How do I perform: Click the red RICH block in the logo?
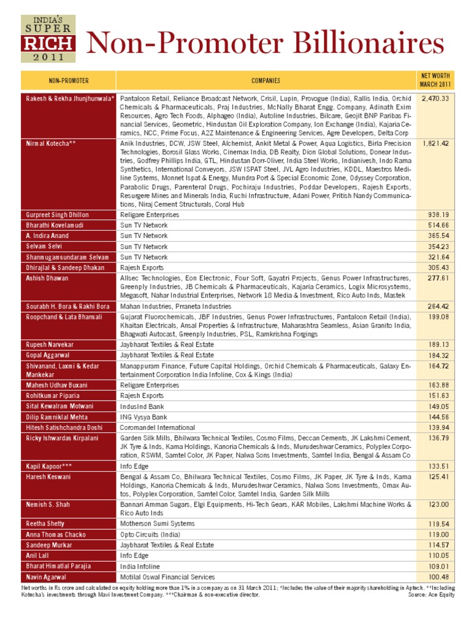(x=48, y=43)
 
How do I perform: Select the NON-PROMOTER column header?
(x=69, y=80)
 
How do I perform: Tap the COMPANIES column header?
(x=266, y=80)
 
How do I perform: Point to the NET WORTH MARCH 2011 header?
(x=435, y=80)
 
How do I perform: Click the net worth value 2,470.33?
(x=436, y=98)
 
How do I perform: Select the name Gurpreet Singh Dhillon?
(x=57, y=215)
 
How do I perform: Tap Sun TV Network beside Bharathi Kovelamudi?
(x=144, y=225)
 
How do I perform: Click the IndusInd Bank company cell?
(x=143, y=406)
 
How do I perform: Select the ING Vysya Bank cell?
(x=145, y=416)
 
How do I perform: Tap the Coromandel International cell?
(x=157, y=427)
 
